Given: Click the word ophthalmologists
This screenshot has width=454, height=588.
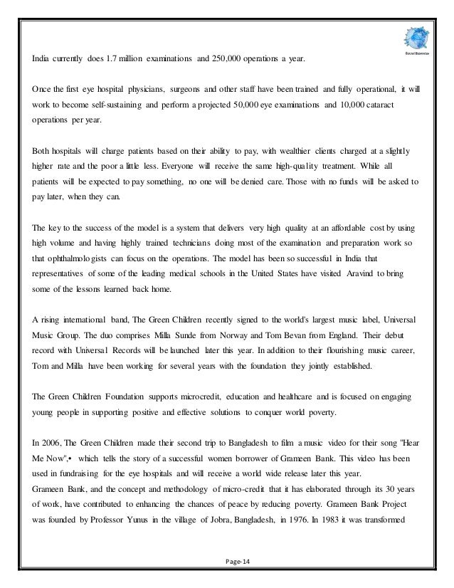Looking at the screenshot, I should (x=74, y=244).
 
